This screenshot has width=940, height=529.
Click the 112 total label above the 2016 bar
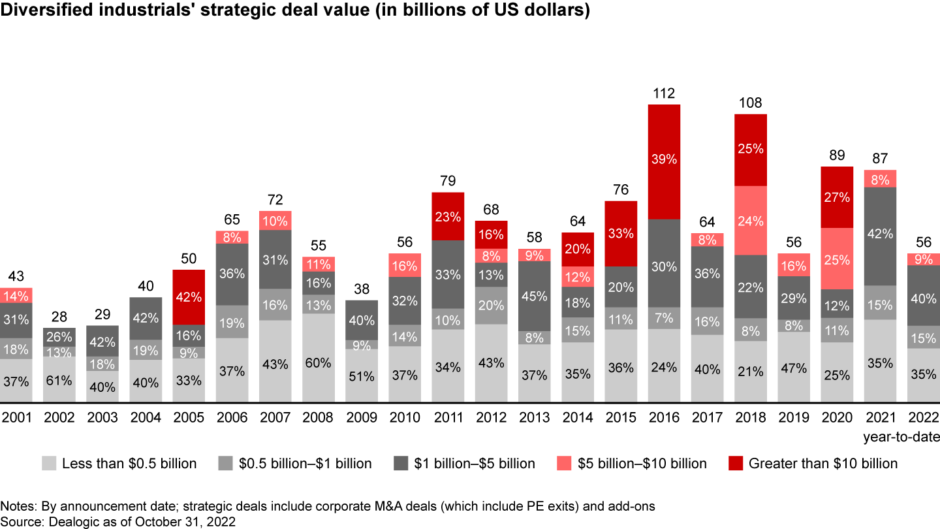click(x=664, y=93)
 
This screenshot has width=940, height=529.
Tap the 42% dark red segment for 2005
click(x=189, y=297)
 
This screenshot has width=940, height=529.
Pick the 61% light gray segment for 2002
click(x=59, y=379)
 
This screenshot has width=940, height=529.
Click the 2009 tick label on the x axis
click(x=362, y=418)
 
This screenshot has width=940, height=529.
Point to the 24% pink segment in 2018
click(x=750, y=221)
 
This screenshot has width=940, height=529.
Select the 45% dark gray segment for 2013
click(x=535, y=296)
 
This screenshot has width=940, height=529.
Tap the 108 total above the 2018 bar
click(x=750, y=103)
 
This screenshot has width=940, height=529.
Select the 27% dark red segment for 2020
click(x=837, y=197)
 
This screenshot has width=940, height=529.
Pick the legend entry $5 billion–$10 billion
click(x=639, y=464)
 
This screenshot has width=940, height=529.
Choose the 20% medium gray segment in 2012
click(x=491, y=306)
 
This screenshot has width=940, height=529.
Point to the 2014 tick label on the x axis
click(x=578, y=418)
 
